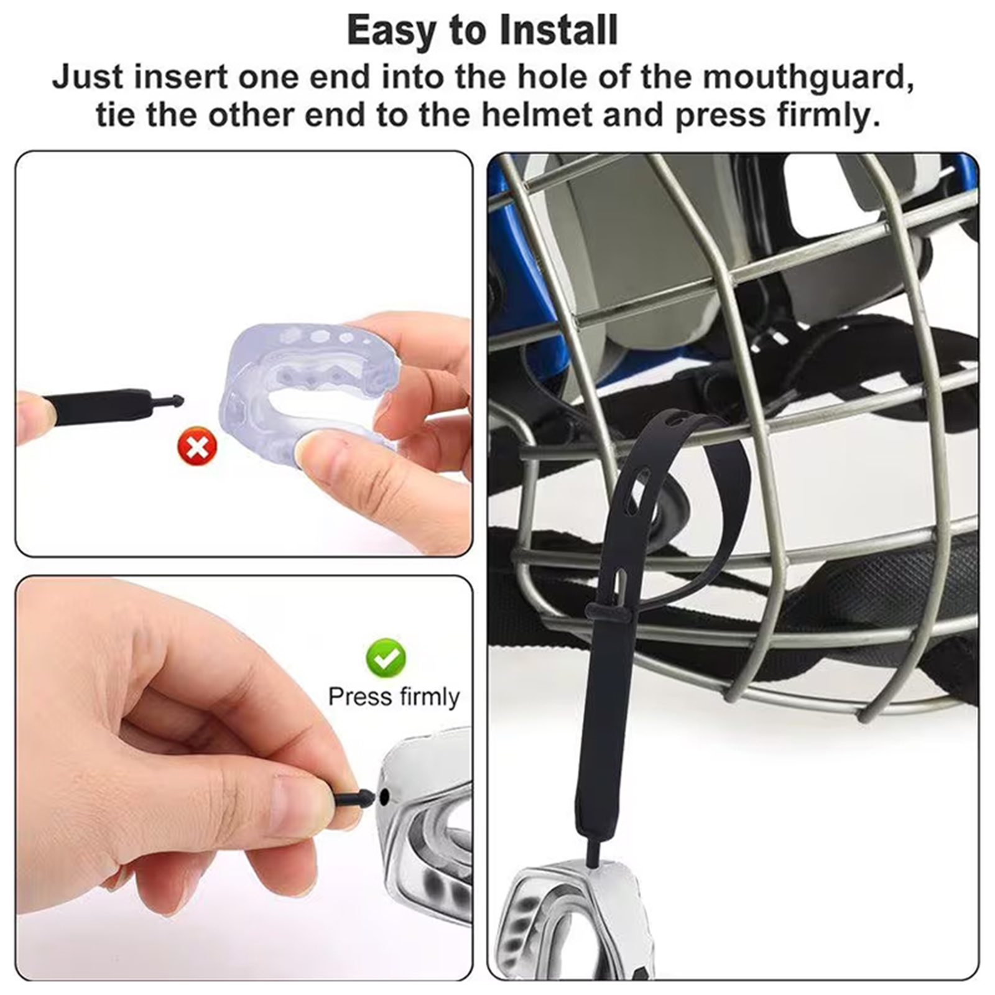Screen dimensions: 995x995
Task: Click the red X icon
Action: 198,446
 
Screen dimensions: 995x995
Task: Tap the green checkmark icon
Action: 386,657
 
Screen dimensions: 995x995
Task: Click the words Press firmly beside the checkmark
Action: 394,697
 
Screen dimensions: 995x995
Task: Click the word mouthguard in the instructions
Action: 808,78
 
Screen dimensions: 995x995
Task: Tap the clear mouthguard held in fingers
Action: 305,389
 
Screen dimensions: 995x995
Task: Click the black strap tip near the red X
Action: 168,400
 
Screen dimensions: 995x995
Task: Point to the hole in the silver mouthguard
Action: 384,795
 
